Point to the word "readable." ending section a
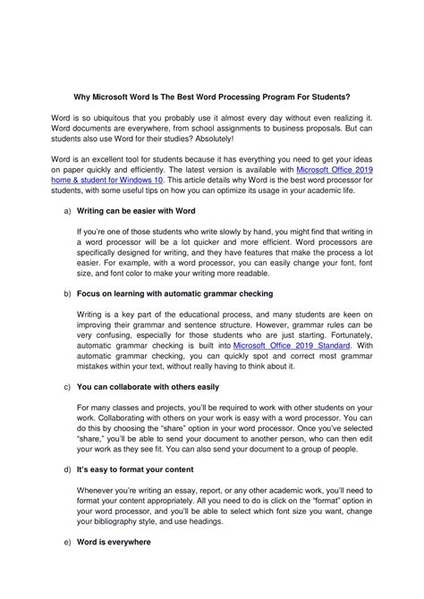250,275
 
